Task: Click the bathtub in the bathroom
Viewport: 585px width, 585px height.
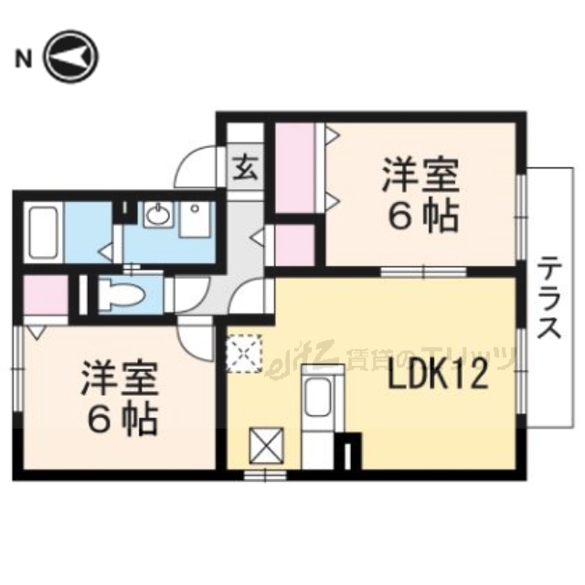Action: click(44, 232)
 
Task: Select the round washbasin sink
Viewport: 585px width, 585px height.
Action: click(157, 217)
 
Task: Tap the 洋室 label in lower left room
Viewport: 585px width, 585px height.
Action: click(120, 378)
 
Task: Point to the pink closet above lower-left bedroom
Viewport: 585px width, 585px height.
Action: click(45, 295)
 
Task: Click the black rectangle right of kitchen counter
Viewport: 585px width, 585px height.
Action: click(352, 452)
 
